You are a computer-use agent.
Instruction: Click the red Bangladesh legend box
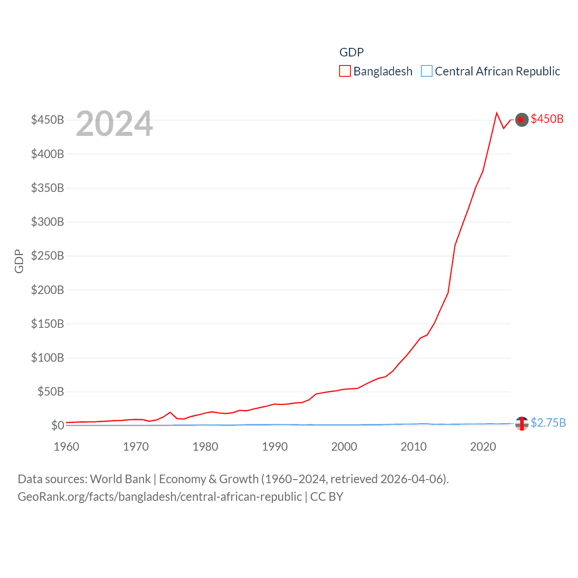click(345, 71)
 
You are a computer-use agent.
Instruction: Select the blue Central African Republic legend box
click(426, 71)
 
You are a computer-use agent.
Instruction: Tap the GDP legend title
click(351, 52)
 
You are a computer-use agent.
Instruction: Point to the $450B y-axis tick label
click(47, 120)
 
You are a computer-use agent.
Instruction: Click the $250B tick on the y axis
click(47, 256)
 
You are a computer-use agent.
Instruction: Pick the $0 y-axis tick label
click(57, 425)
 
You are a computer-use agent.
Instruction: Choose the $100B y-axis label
click(47, 358)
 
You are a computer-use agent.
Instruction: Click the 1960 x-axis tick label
click(66, 447)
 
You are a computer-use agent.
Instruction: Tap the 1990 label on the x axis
click(275, 447)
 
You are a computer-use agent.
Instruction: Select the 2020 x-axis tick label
click(483, 447)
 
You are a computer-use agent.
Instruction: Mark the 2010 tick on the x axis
click(414, 447)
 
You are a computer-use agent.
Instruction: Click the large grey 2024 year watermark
click(114, 124)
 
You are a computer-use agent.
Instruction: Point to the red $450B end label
click(547, 119)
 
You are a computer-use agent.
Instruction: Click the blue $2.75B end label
click(548, 423)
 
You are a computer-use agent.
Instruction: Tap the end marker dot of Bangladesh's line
click(522, 120)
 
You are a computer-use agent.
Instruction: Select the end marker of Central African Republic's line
click(522, 424)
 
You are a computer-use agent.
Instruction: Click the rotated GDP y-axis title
click(19, 261)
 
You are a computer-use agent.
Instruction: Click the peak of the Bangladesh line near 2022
click(497, 113)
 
